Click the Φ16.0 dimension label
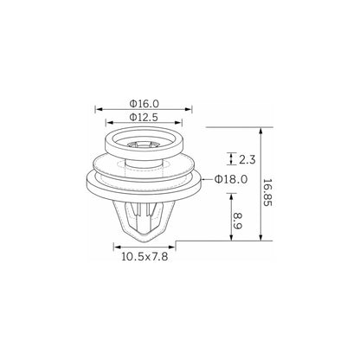(x=145, y=103)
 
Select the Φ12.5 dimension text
(x=144, y=117)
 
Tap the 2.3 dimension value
(x=247, y=159)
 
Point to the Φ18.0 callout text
(x=231, y=179)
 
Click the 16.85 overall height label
(x=267, y=192)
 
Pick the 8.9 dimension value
(x=237, y=221)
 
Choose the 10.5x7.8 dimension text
(x=145, y=256)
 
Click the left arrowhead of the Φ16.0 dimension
(x=99, y=109)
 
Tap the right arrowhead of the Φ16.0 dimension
(x=189, y=109)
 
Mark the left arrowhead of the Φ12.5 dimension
(x=110, y=123)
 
